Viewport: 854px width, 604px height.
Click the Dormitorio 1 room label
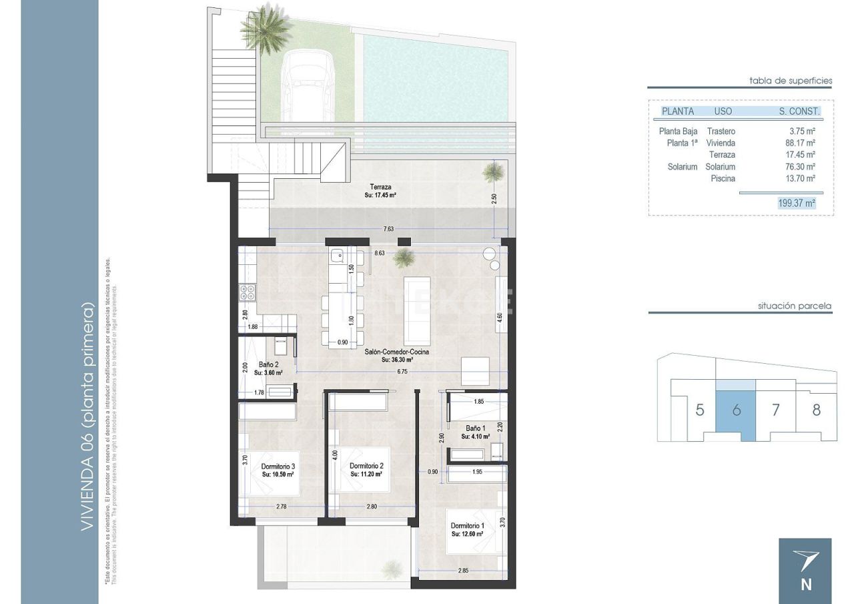click(x=467, y=525)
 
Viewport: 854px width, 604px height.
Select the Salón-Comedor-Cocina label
click(x=396, y=351)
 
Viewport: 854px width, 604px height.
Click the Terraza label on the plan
click(x=381, y=187)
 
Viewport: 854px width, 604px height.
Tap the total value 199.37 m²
click(x=797, y=204)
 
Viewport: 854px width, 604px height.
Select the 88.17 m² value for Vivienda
click(x=801, y=143)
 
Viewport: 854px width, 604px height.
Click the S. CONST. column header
click(x=799, y=111)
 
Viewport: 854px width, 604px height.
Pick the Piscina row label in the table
click(x=723, y=179)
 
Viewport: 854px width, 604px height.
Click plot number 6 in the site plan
click(x=736, y=410)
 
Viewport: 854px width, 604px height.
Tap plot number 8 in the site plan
click(x=816, y=410)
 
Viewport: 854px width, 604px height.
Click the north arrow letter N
click(x=805, y=585)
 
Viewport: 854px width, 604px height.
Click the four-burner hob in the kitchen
click(x=247, y=292)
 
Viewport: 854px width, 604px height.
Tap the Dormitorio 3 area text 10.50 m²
click(x=278, y=474)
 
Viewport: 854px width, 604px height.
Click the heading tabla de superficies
click(x=791, y=81)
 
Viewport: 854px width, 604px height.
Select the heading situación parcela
click(x=794, y=306)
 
